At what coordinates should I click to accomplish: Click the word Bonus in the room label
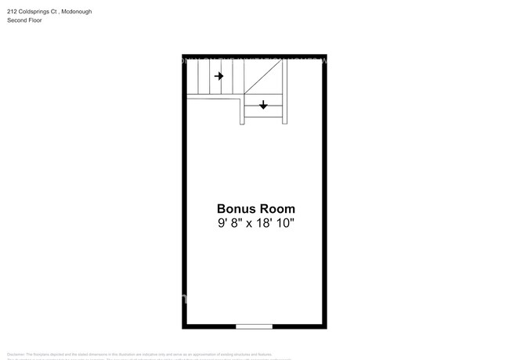click(234, 209)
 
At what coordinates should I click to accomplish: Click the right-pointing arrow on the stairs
click(219, 76)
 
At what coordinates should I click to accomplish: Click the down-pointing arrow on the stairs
click(263, 104)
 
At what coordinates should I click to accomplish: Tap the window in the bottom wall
click(254, 326)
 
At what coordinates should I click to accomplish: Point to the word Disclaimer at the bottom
click(16, 355)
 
